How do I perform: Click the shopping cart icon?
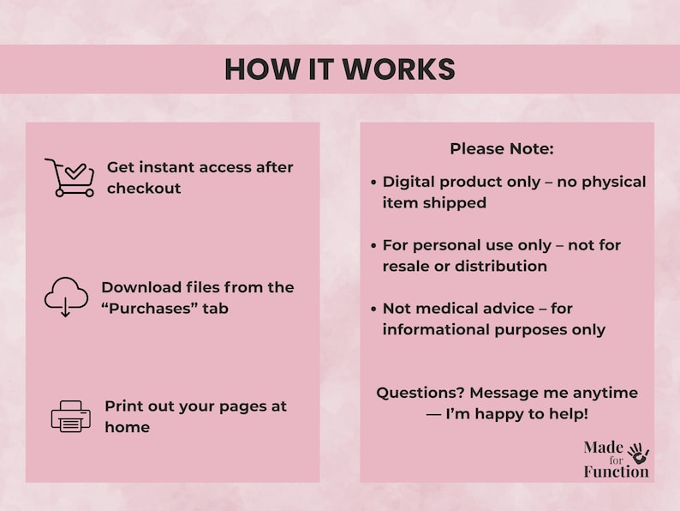click(x=69, y=177)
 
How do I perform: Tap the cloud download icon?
click(x=66, y=297)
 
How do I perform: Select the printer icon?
click(x=70, y=417)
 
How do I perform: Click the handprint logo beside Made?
click(x=638, y=454)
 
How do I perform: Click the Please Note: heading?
click(x=502, y=148)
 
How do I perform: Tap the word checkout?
click(x=144, y=189)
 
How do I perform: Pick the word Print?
click(x=123, y=406)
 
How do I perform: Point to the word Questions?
click(x=418, y=393)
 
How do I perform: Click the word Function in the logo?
click(x=616, y=472)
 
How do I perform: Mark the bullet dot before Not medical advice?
click(x=373, y=309)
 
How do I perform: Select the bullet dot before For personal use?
click(x=373, y=245)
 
